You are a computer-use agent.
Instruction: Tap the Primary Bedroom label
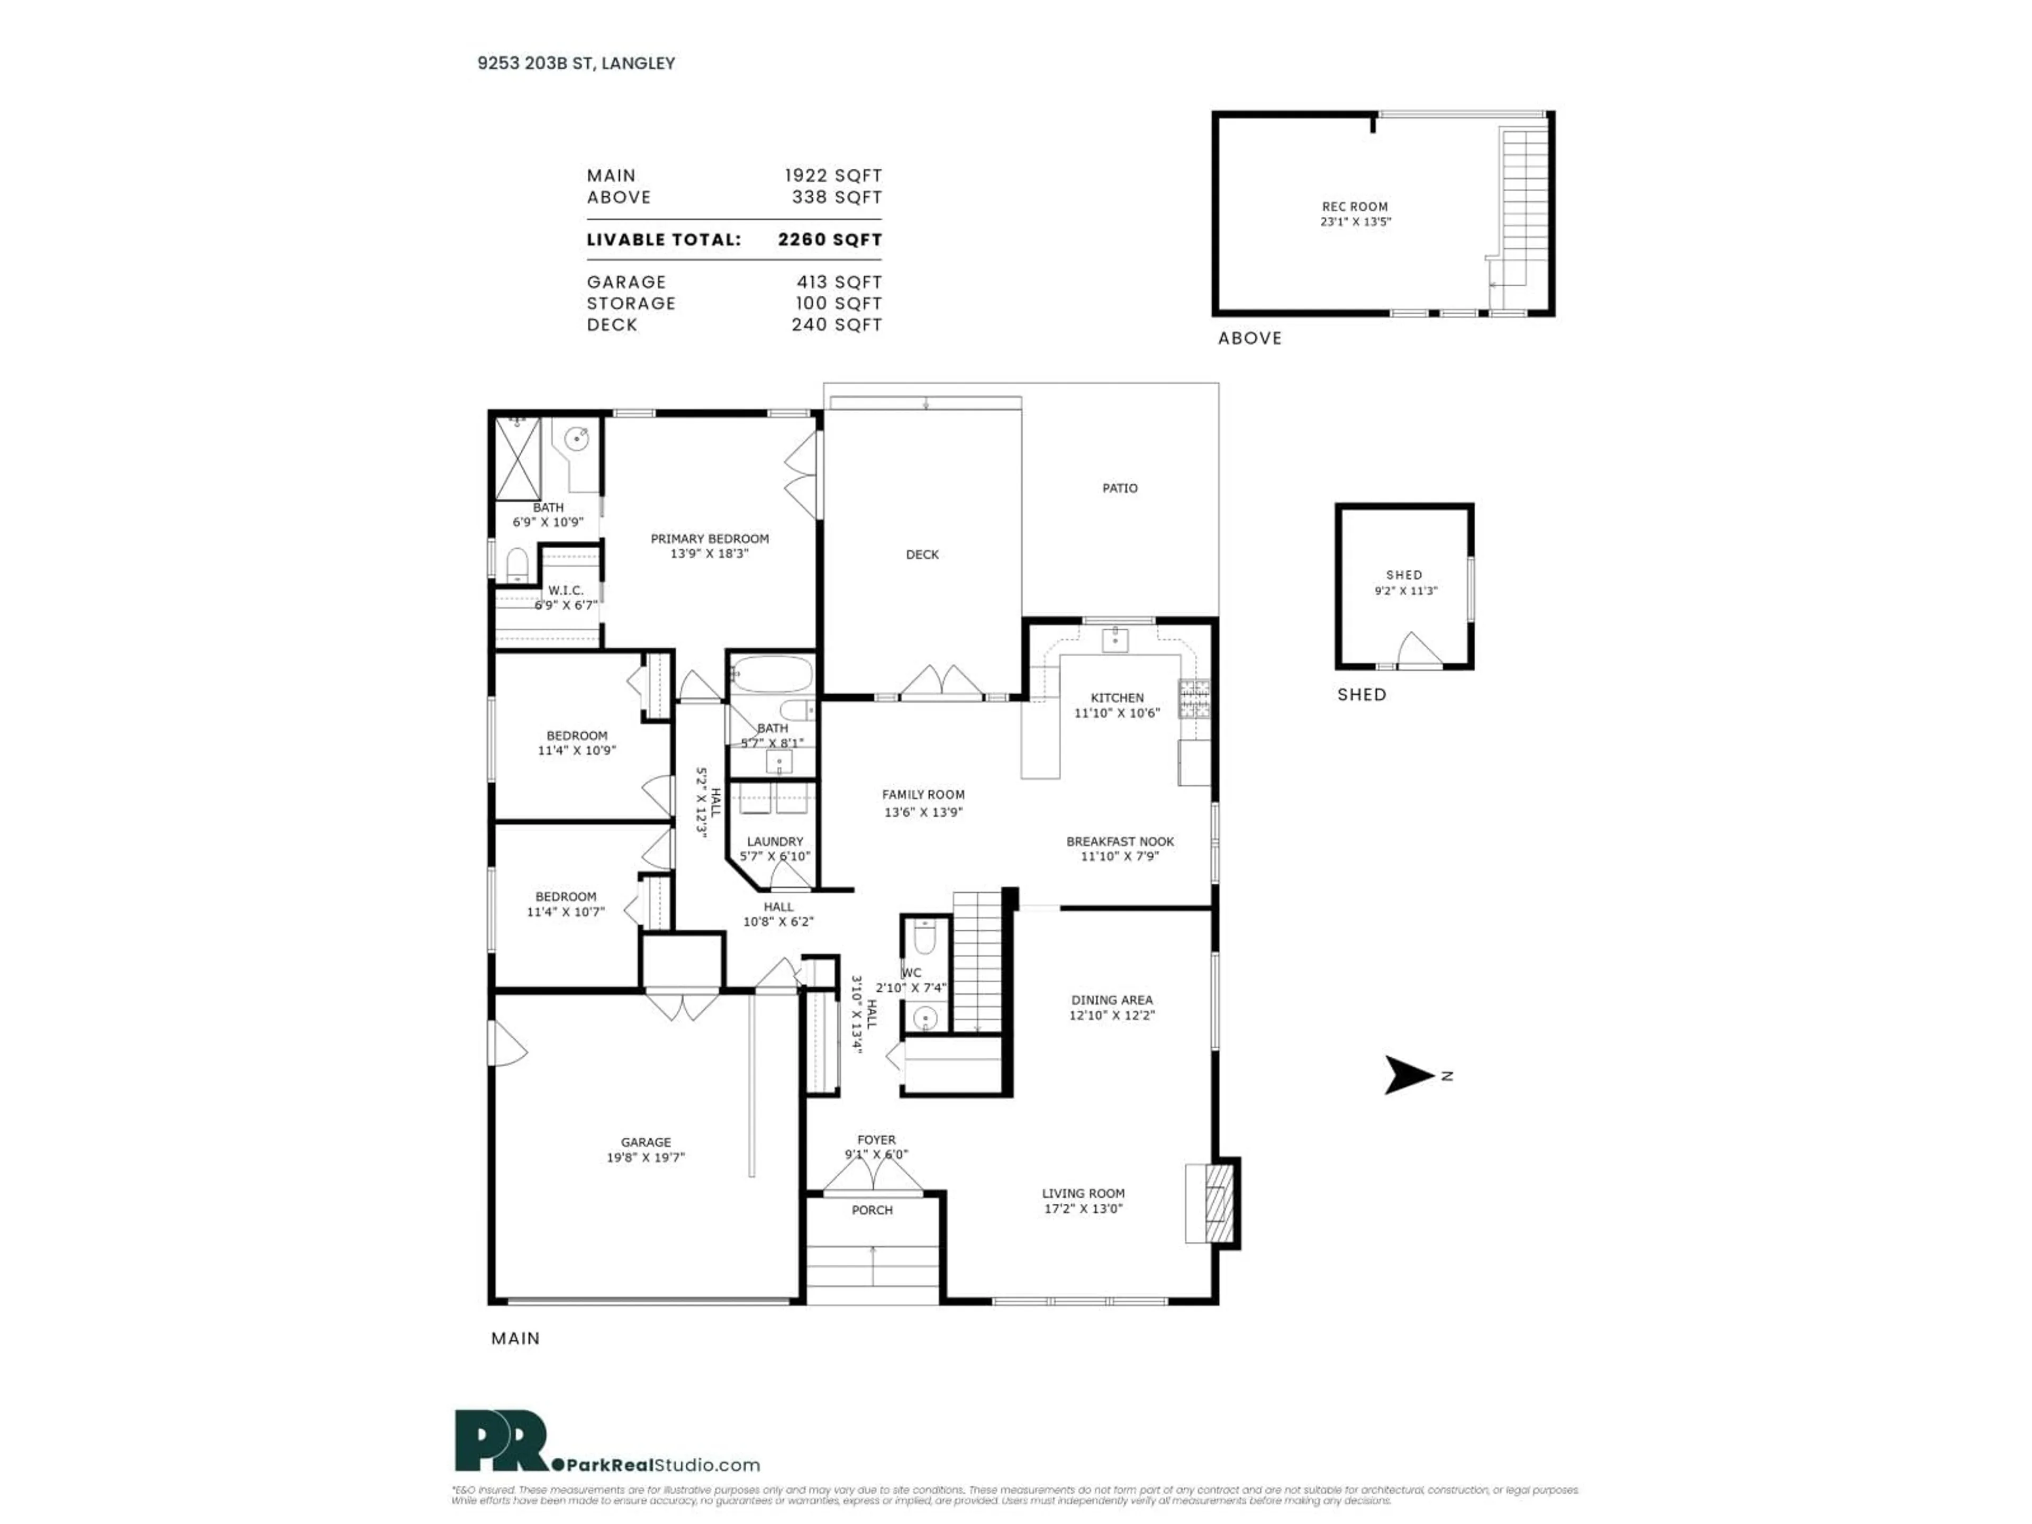709,539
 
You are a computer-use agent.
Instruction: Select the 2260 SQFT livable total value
830,240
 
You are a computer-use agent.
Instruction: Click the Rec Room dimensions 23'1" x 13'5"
1355,221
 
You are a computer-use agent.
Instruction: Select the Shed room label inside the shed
1404,575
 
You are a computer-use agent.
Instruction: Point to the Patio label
1120,488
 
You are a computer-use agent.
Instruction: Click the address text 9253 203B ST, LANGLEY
576,63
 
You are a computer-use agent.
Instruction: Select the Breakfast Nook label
1120,841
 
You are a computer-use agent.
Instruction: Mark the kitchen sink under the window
1114,639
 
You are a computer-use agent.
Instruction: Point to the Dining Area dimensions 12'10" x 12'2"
1112,1015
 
